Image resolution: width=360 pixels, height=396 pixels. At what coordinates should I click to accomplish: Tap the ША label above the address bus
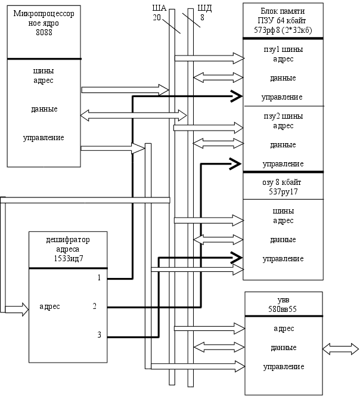[159, 9]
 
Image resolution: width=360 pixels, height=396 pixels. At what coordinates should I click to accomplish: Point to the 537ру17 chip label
[283, 191]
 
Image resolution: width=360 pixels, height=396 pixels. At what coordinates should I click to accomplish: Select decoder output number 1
[99, 278]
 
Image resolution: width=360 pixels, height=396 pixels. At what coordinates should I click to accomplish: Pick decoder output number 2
[95, 307]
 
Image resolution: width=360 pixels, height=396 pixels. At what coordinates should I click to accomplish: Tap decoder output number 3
[99, 335]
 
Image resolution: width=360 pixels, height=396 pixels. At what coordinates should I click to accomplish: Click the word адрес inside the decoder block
[49, 307]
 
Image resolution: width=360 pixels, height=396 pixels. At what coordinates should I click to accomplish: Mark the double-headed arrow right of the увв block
[340, 346]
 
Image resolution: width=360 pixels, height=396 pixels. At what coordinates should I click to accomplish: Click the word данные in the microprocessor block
[44, 110]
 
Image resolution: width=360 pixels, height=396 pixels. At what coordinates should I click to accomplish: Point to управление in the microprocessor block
[44, 138]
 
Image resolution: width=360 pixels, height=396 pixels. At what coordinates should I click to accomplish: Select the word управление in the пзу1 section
[282, 97]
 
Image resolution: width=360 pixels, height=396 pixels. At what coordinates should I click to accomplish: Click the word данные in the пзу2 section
[283, 145]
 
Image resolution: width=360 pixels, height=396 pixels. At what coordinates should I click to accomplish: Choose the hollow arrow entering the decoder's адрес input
[17, 309]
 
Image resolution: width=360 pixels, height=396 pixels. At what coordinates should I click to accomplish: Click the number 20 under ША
[157, 17]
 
